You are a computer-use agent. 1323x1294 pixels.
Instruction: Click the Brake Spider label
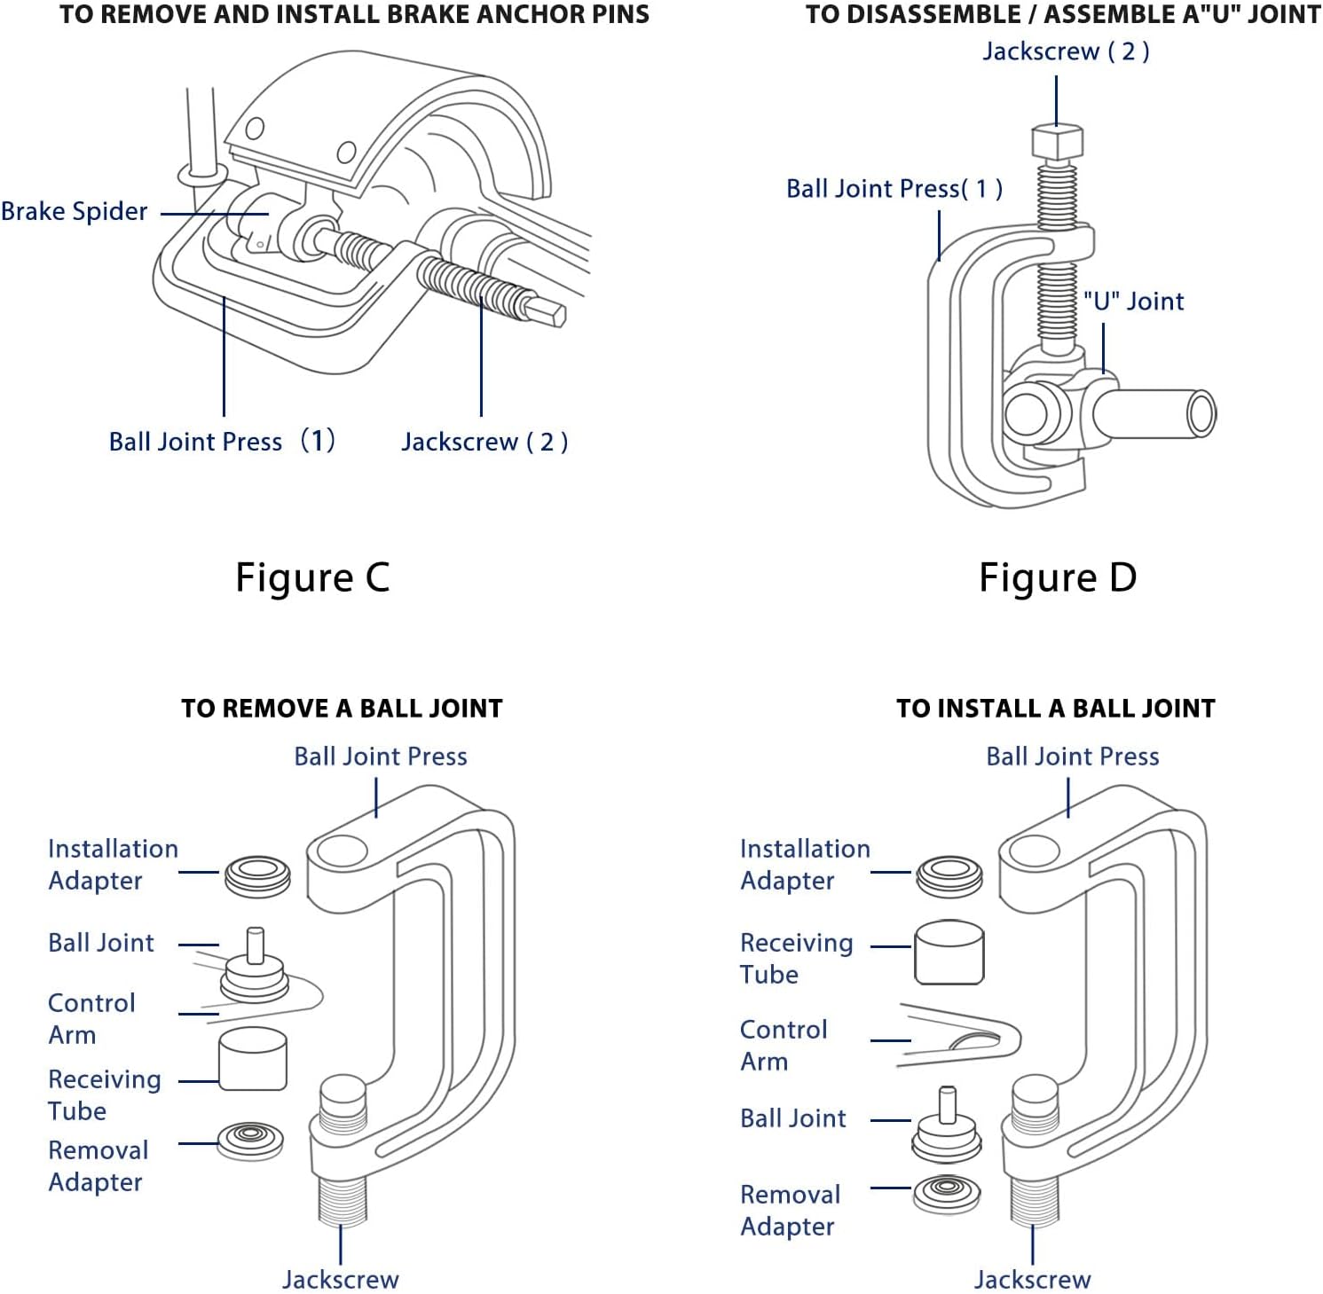pyautogui.click(x=75, y=212)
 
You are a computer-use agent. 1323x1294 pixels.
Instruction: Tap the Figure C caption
pyautogui.click(x=312, y=577)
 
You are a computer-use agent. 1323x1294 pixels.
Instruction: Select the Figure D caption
pyautogui.click(x=1058, y=577)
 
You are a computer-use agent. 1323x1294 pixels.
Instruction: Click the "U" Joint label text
pyautogui.click(x=1134, y=302)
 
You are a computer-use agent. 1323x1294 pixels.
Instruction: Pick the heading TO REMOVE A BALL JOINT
pyautogui.click(x=342, y=709)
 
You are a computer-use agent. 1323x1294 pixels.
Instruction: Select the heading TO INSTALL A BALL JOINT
pyautogui.click(x=1055, y=709)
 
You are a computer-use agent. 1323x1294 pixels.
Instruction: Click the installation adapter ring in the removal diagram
pyautogui.click(x=257, y=875)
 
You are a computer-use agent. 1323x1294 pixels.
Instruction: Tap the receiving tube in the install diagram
pyautogui.click(x=949, y=953)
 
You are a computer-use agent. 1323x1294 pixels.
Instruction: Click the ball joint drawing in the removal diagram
pyautogui.click(x=255, y=971)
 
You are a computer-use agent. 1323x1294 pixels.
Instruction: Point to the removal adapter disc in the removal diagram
pyautogui.click(x=250, y=1140)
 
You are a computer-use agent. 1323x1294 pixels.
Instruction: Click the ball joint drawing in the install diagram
pyautogui.click(x=947, y=1128)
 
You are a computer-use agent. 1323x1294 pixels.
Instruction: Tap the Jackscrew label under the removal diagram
pyautogui.click(x=341, y=1279)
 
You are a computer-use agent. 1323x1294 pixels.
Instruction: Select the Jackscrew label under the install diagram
pyautogui.click(x=1033, y=1279)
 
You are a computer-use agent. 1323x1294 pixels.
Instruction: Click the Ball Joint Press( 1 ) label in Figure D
pyautogui.click(x=894, y=189)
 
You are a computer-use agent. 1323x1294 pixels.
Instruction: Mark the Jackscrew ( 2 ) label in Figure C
pyautogui.click(x=484, y=442)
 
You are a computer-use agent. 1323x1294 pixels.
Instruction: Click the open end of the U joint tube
pyautogui.click(x=1201, y=414)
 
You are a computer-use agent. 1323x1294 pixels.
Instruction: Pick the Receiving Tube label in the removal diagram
pyautogui.click(x=105, y=1094)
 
